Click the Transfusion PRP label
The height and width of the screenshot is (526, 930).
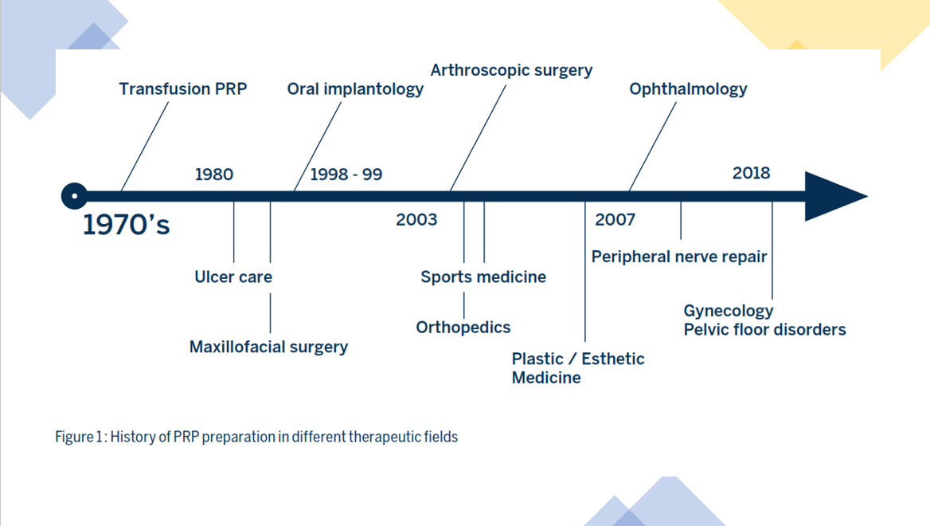(182, 89)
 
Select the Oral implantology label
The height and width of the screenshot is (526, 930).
(355, 89)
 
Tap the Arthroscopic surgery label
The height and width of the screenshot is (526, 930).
(511, 71)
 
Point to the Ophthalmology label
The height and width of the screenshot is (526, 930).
(688, 89)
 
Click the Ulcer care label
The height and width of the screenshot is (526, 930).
(233, 277)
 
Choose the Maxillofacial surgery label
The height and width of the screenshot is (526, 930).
(268, 347)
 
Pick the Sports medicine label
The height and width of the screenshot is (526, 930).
(483, 277)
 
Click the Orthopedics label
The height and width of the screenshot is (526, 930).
(463, 328)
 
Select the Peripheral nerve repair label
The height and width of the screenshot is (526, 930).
(679, 257)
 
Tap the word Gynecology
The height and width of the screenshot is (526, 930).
(729, 311)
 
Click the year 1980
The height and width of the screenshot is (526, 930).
(214, 175)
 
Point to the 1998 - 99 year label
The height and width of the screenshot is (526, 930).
(346, 175)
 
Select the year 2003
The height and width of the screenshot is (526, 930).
(416, 220)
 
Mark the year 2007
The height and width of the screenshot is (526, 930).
(615, 220)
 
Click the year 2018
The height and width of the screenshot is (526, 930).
(751, 173)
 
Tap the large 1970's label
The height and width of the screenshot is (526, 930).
(127, 225)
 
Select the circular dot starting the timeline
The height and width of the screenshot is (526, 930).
(74, 196)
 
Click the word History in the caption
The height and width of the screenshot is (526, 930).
(133, 438)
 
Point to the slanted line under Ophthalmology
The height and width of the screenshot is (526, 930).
(652, 147)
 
